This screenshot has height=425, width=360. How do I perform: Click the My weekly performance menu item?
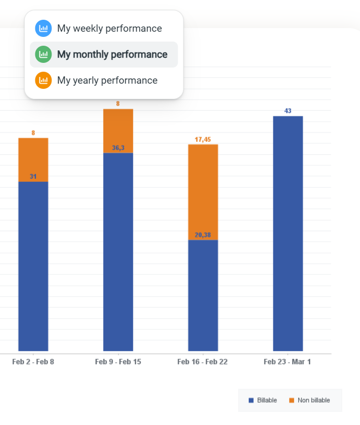pyautogui.click(x=109, y=29)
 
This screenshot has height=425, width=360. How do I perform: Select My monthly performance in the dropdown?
pyautogui.click(x=112, y=55)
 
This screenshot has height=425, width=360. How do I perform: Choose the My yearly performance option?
pyautogui.click(x=107, y=81)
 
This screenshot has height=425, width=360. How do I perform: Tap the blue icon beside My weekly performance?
pyautogui.click(x=43, y=29)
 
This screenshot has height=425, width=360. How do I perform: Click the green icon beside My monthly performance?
pyautogui.click(x=43, y=55)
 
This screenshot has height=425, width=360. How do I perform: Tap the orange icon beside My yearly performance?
pyautogui.click(x=43, y=81)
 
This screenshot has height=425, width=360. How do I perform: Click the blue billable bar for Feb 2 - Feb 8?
pyautogui.click(x=33, y=265)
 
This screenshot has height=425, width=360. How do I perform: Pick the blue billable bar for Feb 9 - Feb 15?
pyautogui.click(x=118, y=252)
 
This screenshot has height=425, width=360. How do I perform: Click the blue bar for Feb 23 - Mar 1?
pyautogui.click(x=288, y=234)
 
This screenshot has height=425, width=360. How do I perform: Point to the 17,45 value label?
pyautogui.click(x=203, y=140)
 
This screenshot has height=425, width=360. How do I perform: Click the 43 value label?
pyautogui.click(x=288, y=111)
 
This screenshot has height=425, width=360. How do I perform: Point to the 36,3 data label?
pyautogui.click(x=118, y=148)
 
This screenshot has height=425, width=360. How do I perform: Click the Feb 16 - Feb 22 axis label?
pyautogui.click(x=202, y=362)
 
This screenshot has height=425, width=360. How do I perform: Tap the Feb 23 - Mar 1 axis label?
pyautogui.click(x=287, y=362)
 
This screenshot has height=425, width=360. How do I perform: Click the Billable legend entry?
pyautogui.click(x=263, y=400)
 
